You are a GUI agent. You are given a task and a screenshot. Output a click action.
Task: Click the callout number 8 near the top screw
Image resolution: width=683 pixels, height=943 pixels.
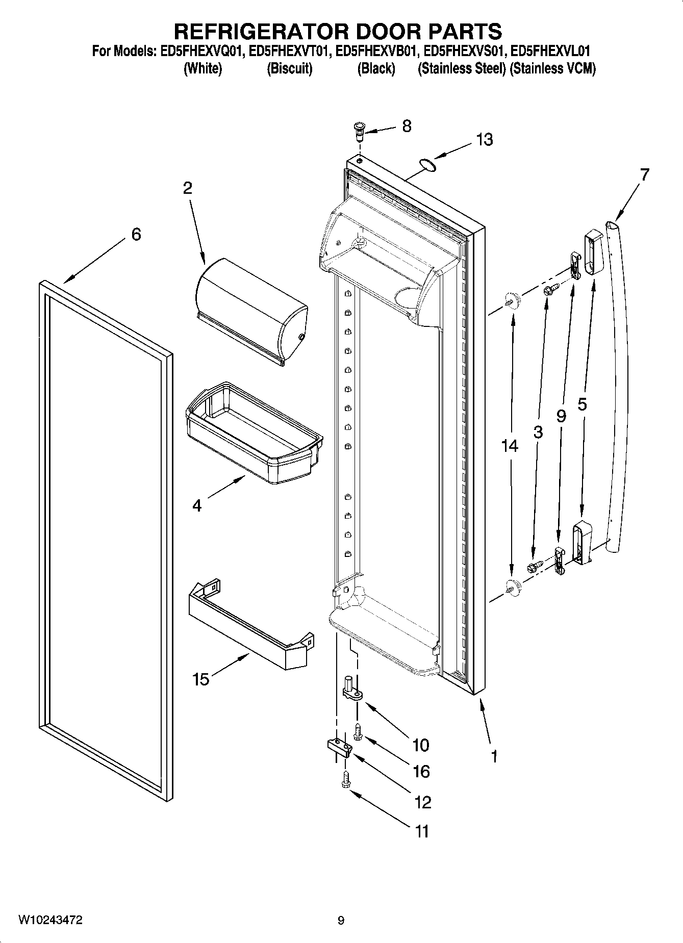407,126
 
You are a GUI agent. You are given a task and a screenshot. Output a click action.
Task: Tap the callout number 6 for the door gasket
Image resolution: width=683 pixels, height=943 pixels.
136,235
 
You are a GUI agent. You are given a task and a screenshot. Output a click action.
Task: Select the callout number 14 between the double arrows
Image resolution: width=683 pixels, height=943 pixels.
509,446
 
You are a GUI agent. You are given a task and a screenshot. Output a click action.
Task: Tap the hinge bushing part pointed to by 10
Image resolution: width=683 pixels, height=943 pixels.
351,689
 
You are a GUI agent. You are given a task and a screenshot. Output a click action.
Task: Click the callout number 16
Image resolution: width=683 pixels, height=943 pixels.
421,772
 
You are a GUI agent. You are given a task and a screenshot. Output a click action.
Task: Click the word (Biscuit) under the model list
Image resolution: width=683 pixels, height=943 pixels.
289,68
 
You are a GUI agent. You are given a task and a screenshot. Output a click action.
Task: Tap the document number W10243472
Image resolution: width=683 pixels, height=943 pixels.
50,920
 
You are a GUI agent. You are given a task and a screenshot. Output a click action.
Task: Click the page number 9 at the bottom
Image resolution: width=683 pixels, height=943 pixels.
341,921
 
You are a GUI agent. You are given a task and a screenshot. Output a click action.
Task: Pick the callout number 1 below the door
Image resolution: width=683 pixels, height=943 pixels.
493,756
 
